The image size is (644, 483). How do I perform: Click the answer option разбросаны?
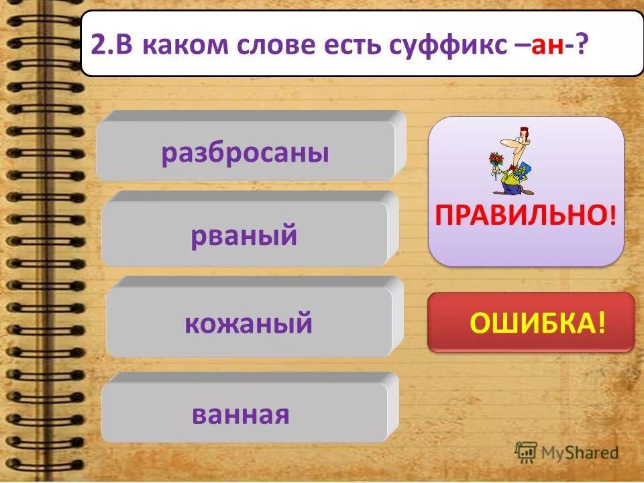pos(245,154)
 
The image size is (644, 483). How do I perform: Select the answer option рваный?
pos(244,235)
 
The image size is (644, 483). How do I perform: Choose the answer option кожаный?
pos(248,323)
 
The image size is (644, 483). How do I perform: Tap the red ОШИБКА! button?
pos(531,323)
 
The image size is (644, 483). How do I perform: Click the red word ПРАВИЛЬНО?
pos(521,215)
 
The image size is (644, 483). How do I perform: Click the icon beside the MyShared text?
pos(525,451)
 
